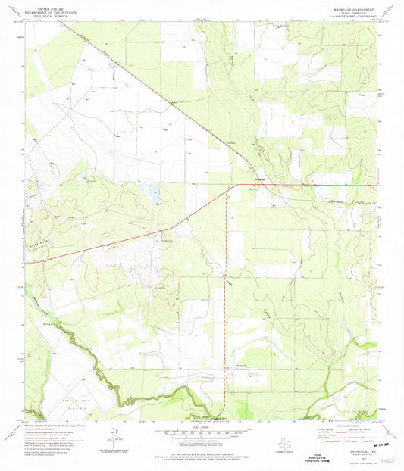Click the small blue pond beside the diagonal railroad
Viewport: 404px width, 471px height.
(114, 64)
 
